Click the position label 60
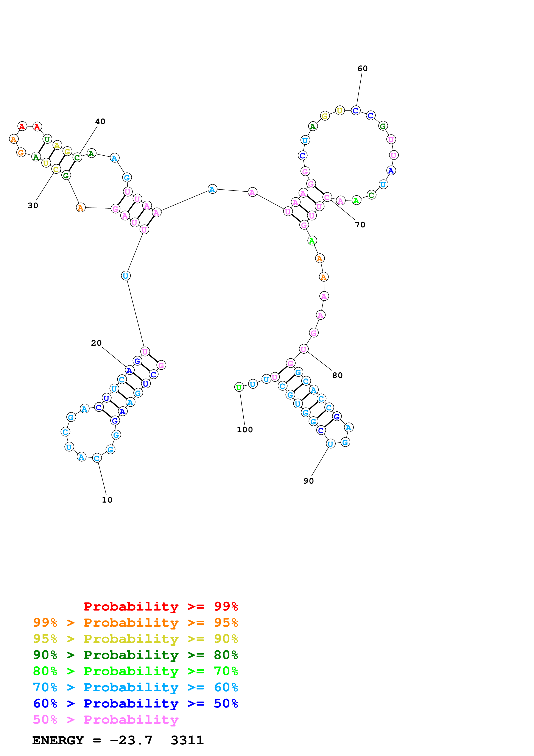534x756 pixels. [x=362, y=69]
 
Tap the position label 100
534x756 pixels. [x=245, y=430]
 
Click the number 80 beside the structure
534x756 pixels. [x=337, y=375]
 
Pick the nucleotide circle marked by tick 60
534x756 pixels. [x=355, y=110]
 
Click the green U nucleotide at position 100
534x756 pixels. [x=239, y=387]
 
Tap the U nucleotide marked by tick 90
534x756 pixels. [x=330, y=444]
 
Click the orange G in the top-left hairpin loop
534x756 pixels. [x=21, y=152]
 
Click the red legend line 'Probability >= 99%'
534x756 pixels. [x=161, y=606]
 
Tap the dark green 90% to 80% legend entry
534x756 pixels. [x=135, y=655]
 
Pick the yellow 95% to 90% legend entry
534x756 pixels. [x=135, y=639]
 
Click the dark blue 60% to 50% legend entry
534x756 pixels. [x=135, y=703]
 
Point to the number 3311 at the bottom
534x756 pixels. [x=187, y=740]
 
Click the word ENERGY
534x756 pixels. [x=58, y=740]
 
